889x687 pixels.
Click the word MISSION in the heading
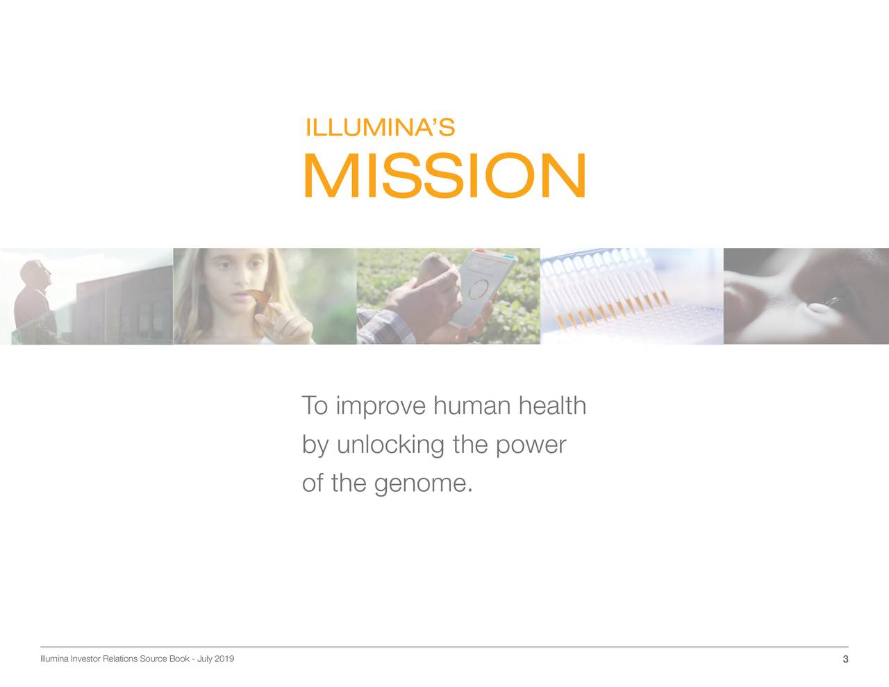[x=444, y=176]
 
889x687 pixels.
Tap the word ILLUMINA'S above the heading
[x=380, y=128]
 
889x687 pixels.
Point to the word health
[x=552, y=406]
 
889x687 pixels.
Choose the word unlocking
[x=390, y=445]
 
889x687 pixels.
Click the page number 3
[x=845, y=659]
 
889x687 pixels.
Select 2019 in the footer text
[x=224, y=659]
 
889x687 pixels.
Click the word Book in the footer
[x=180, y=659]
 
